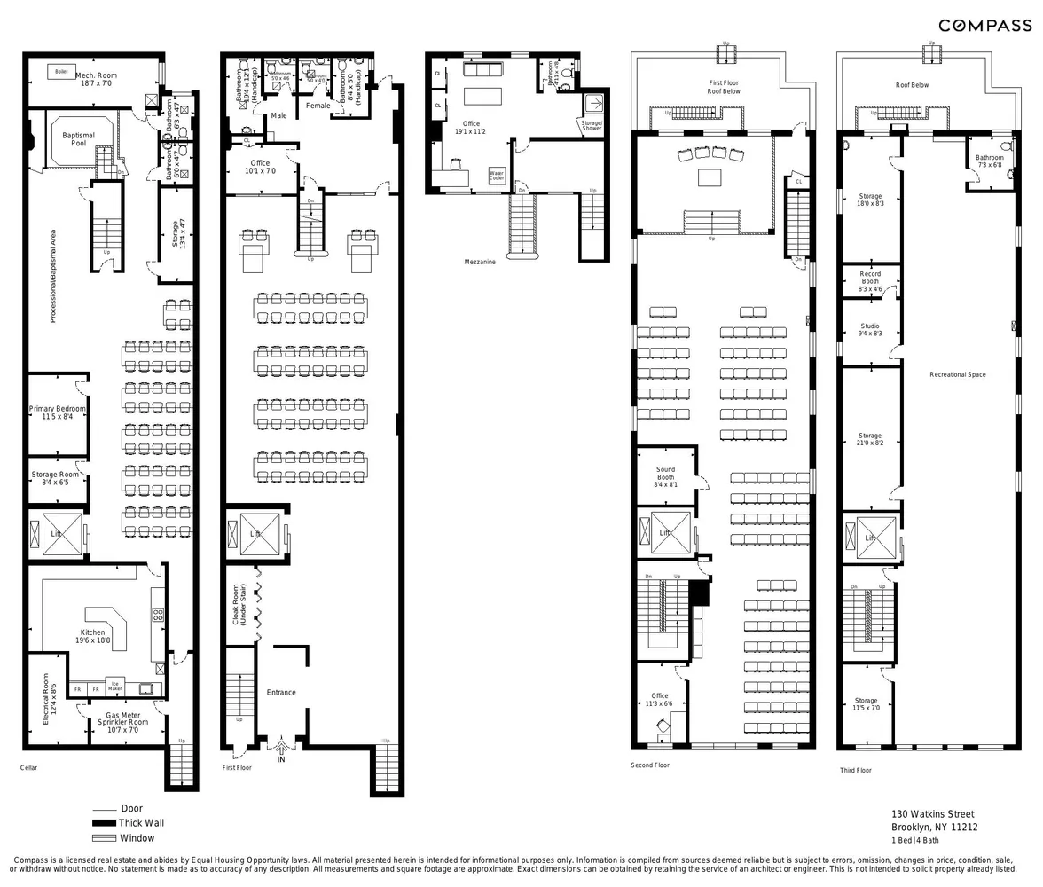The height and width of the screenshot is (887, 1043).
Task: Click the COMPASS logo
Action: click(x=984, y=26)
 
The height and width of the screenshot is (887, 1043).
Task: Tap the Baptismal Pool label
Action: click(x=79, y=139)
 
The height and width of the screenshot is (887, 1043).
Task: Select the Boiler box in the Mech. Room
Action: click(x=61, y=72)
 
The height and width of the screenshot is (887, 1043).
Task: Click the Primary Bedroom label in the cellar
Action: click(x=58, y=412)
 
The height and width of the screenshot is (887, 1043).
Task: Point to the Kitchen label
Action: click(x=92, y=637)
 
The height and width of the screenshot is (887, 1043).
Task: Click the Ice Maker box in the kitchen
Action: click(x=115, y=686)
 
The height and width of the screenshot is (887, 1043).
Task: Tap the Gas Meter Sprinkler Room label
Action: click(x=123, y=718)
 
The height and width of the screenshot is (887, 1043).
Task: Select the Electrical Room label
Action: click(x=50, y=699)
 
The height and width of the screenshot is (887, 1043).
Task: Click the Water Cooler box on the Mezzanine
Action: click(x=496, y=176)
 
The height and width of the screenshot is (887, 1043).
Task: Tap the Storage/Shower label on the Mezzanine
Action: click(x=592, y=125)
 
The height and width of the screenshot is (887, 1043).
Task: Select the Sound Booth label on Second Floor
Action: click(x=665, y=477)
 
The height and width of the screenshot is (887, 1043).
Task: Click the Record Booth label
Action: click(x=870, y=281)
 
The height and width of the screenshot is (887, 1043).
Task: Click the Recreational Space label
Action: click(x=957, y=374)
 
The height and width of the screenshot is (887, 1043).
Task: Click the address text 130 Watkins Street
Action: click(x=932, y=814)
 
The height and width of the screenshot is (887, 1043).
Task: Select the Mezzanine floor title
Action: click(x=480, y=262)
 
